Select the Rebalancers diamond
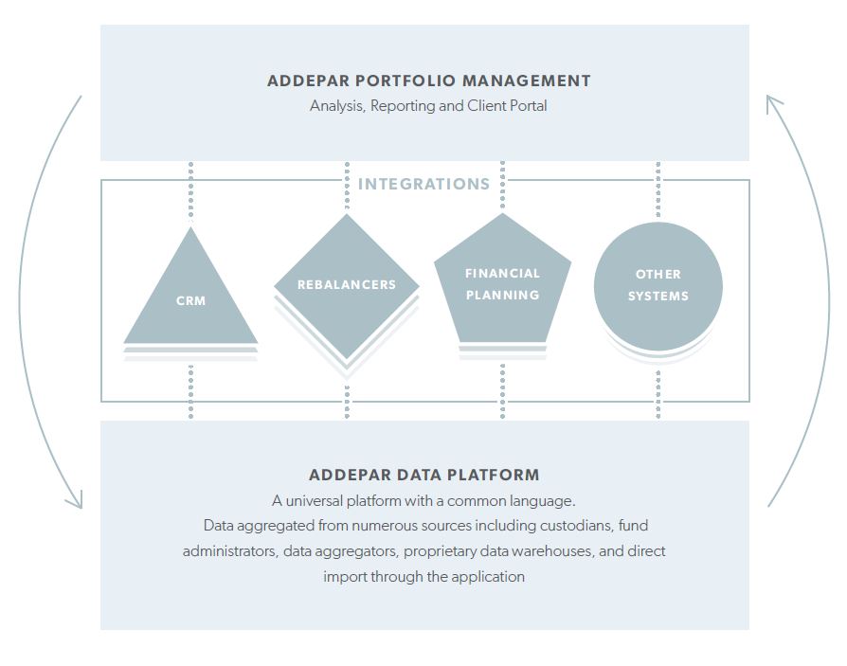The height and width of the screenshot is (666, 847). coord(347,286)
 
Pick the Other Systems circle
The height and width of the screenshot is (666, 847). coord(658,286)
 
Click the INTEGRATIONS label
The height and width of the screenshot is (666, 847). coord(424,184)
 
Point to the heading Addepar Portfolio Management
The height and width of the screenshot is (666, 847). coord(429,81)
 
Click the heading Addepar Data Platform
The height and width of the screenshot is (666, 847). coord(424,475)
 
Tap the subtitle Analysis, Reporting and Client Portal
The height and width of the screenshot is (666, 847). coord(428,106)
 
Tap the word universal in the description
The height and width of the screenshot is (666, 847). coord(314,501)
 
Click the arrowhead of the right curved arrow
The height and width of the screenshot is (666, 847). coord(772,102)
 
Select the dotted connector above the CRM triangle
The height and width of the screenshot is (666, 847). coord(190,190)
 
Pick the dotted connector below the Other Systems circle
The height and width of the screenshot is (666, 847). coord(658,395)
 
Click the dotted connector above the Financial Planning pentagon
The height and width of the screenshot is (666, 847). coord(502,185)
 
